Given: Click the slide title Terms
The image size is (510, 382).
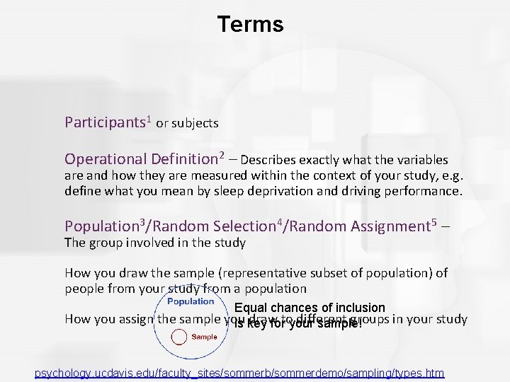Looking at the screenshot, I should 251,25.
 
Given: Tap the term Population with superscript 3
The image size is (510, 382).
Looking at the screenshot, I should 103,226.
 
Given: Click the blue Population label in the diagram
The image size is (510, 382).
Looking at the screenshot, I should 191,301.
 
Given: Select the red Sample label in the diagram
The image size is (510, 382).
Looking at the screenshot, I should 204,337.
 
